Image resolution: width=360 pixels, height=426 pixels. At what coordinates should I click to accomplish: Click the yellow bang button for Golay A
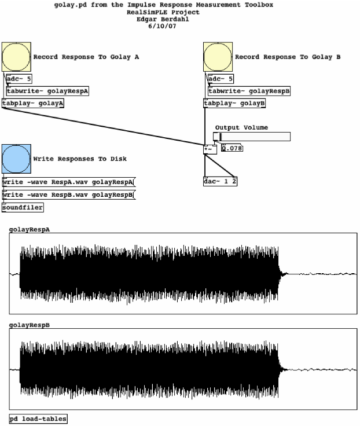pos(16,57)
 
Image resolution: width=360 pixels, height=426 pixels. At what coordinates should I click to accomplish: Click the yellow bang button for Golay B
pos(218,57)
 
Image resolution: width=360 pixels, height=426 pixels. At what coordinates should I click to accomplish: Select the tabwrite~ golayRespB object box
pos(249,91)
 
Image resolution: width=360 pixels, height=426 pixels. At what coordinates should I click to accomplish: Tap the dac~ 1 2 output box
pos(221,181)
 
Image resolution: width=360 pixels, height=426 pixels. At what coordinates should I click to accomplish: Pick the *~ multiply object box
pos(210,149)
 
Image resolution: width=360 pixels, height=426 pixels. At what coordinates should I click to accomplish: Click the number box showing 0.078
pos(232,148)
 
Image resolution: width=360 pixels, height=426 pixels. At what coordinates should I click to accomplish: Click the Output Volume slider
pos(252,137)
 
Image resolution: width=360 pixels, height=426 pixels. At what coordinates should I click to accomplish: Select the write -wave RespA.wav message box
pos(68,182)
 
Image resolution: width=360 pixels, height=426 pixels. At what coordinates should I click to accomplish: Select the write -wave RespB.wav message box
pos(68,194)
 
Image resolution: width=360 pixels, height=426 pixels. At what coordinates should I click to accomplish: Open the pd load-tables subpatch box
pos(38,418)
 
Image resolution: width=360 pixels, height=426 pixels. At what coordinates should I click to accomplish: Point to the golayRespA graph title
pos(30,229)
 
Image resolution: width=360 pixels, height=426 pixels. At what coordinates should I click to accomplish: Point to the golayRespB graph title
pos(30,325)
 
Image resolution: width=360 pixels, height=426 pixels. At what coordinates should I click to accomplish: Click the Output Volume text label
pos(241,127)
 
